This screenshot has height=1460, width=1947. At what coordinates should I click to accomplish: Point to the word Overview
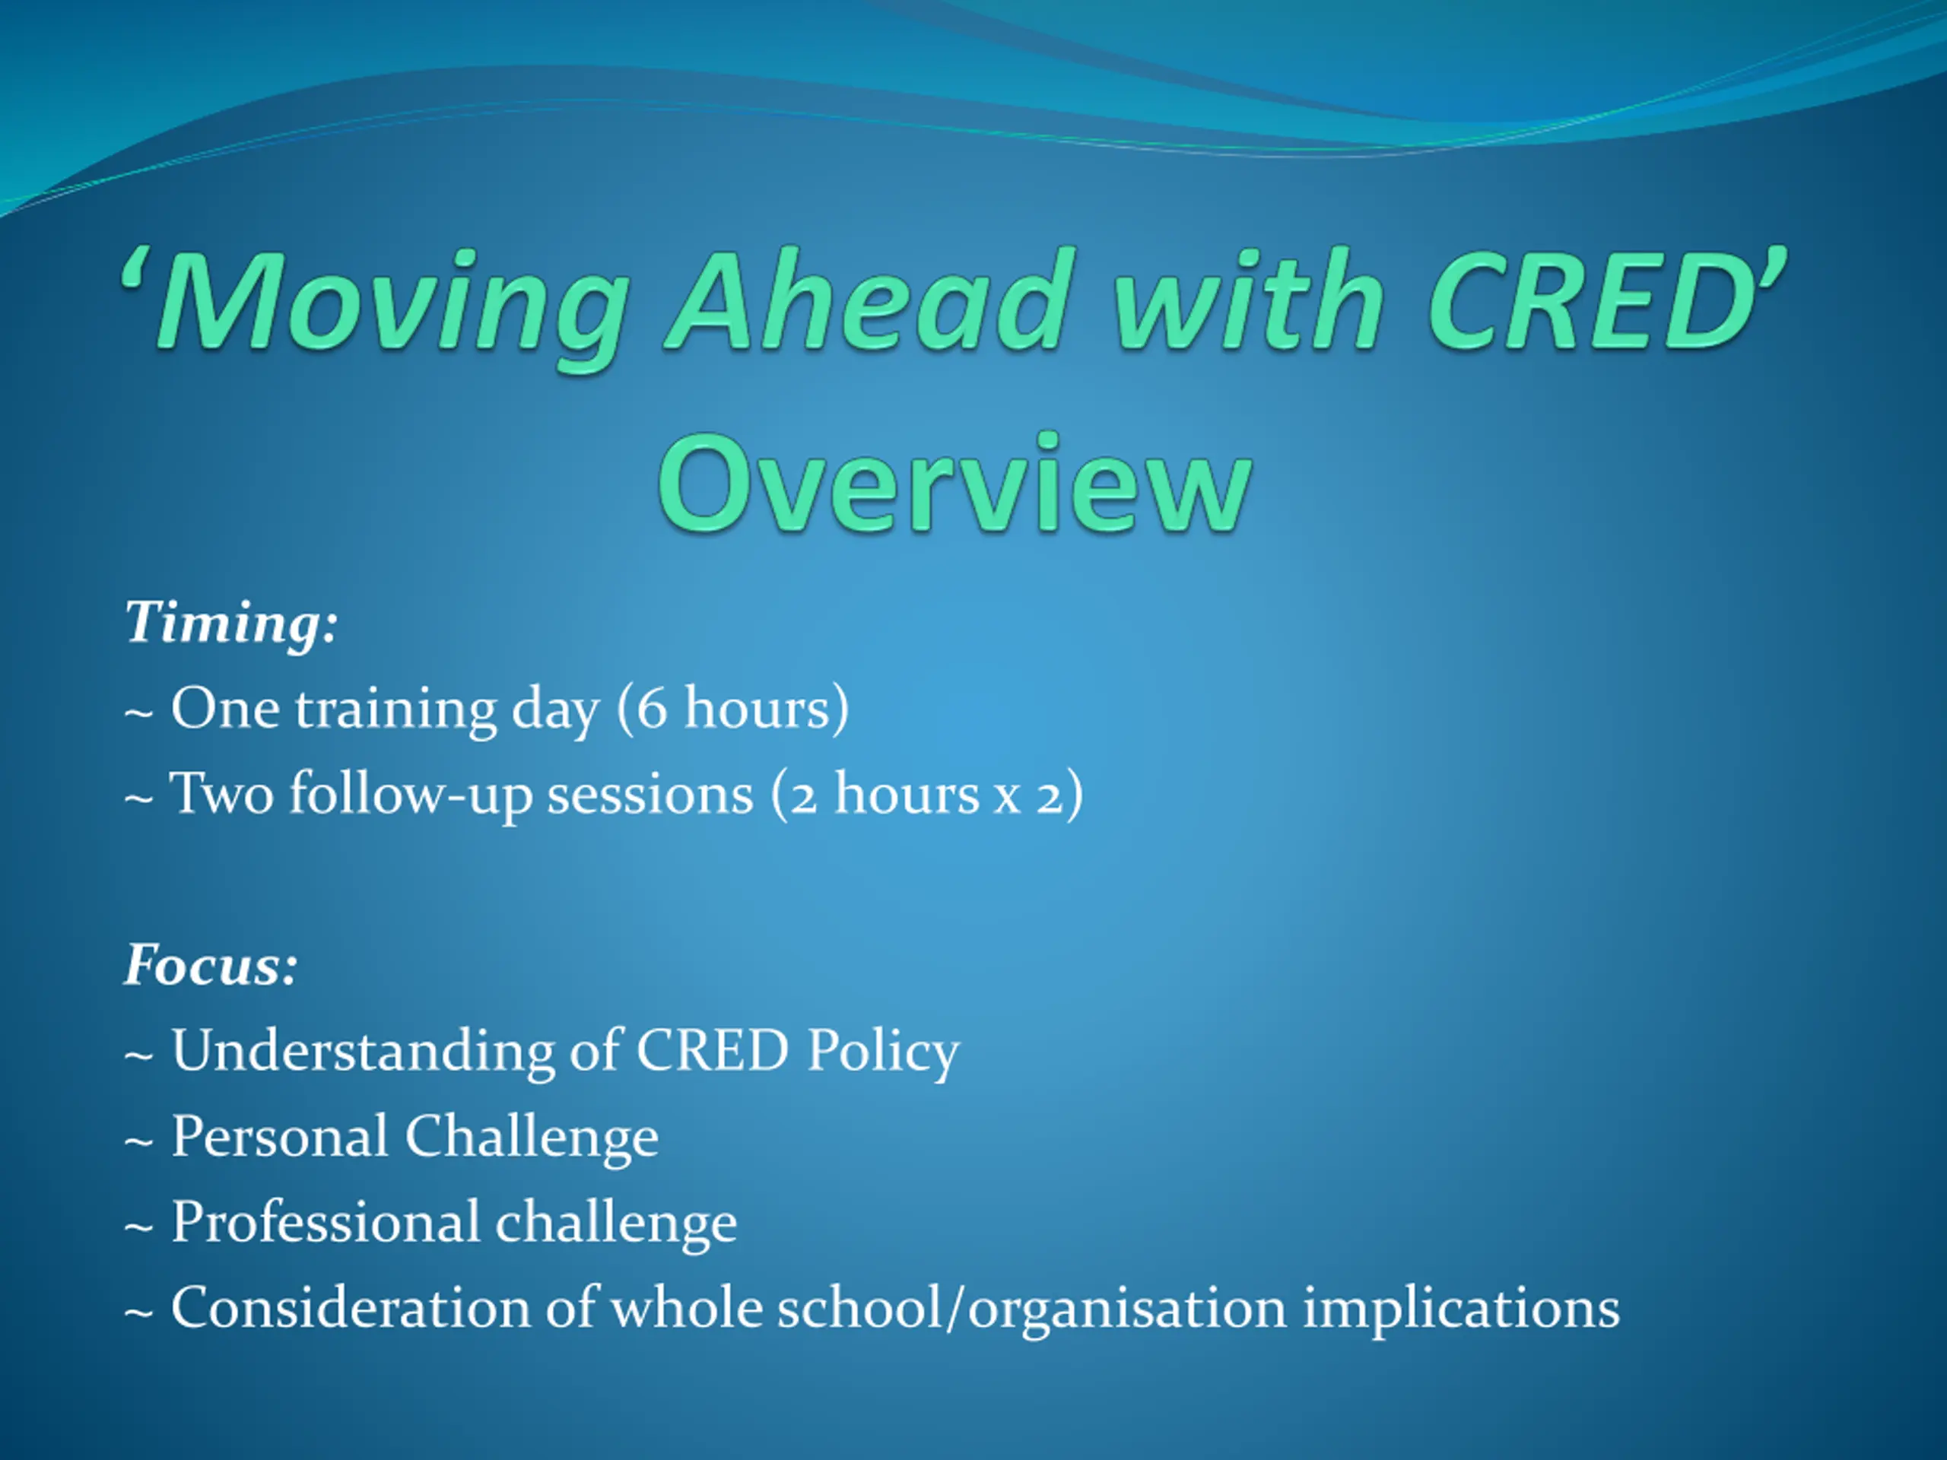click(955, 484)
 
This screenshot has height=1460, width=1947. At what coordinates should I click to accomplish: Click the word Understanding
click(364, 1051)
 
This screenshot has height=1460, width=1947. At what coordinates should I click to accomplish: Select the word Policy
click(883, 1051)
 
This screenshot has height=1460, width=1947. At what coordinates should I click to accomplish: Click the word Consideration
click(351, 1308)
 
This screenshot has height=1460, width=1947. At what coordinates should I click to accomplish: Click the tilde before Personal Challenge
click(139, 1141)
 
